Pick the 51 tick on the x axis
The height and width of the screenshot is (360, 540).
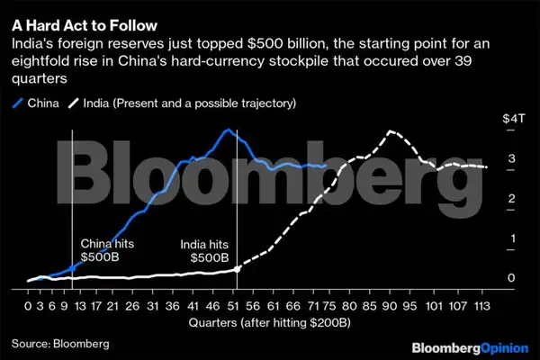pyautogui.click(x=236, y=304)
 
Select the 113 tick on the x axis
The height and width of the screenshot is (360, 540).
pyautogui.click(x=484, y=304)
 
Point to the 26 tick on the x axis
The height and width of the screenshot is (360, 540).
pyautogui.click(x=133, y=304)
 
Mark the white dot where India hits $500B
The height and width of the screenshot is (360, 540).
pyautogui.click(x=237, y=268)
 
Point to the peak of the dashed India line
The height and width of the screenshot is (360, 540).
pyautogui.click(x=389, y=131)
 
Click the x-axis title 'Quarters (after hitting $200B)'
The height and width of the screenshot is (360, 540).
pyautogui.click(x=260, y=320)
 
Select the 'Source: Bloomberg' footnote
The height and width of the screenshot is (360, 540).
pyautogui.click(x=59, y=344)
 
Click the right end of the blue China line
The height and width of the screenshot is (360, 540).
pyautogui.click(x=325, y=166)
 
